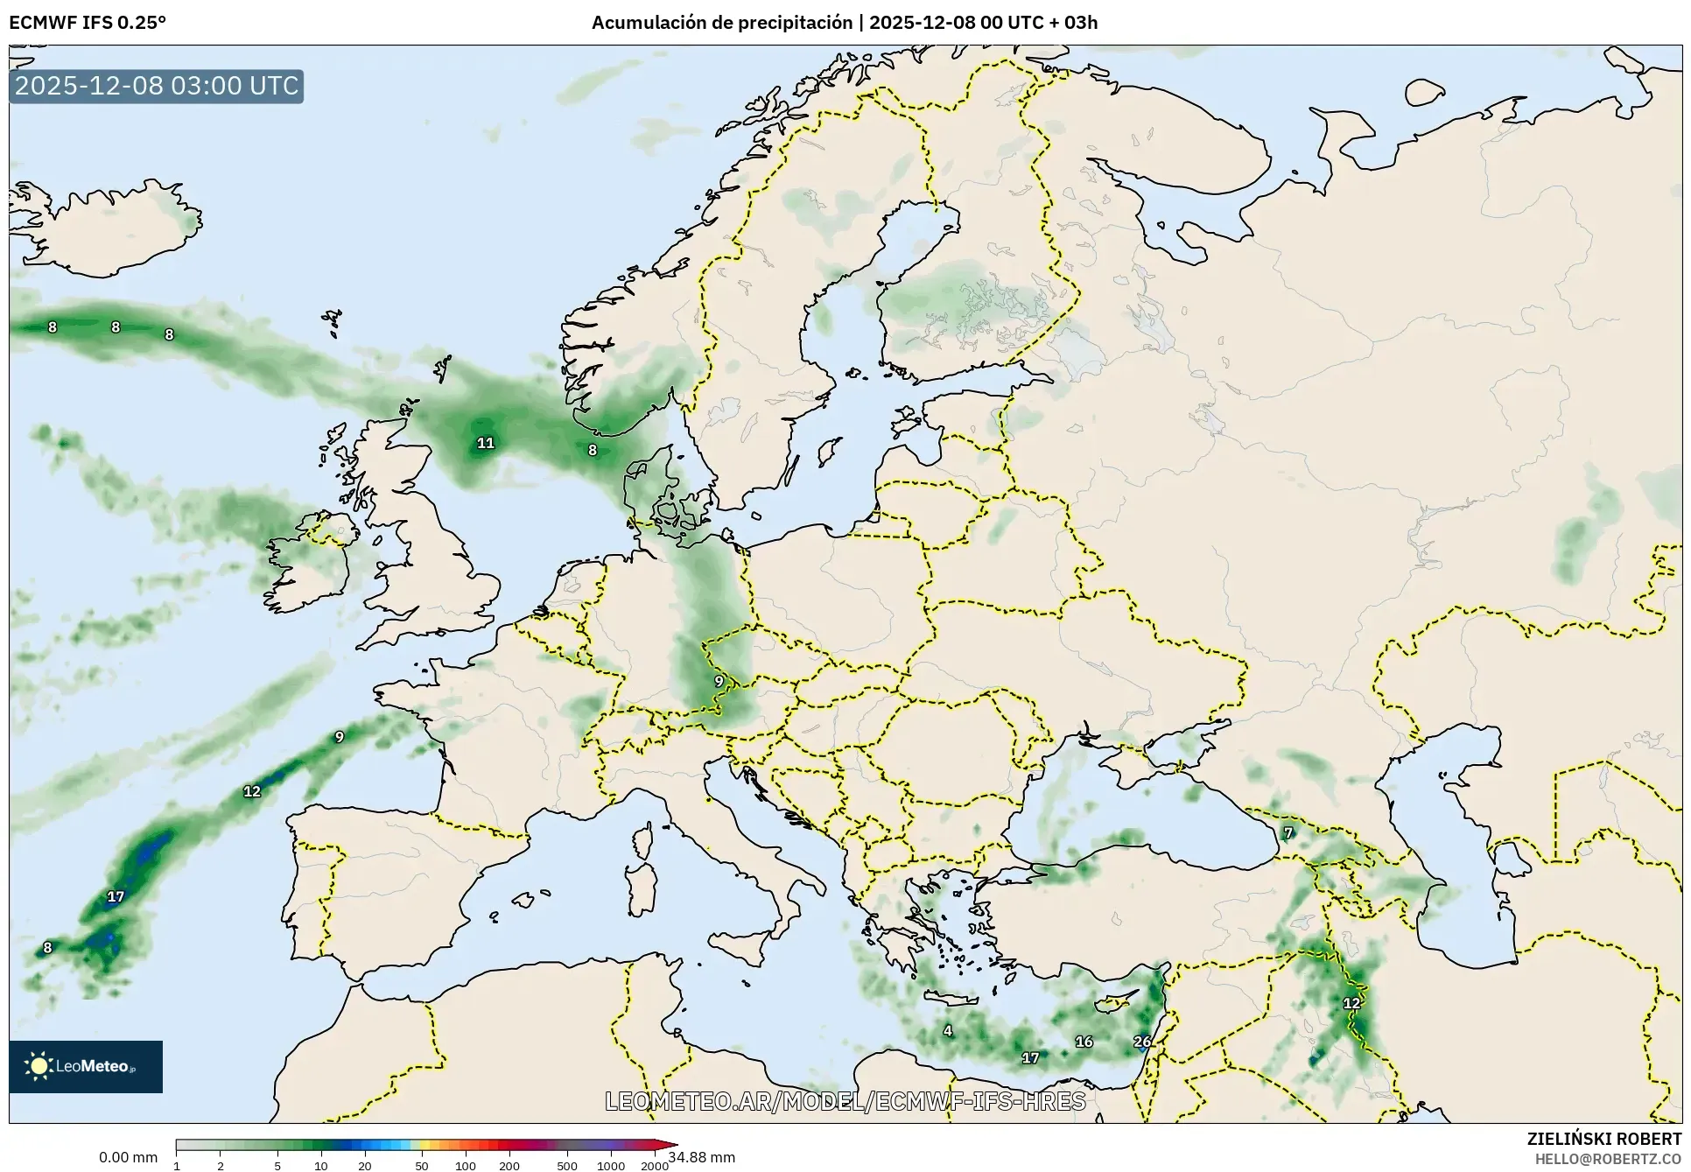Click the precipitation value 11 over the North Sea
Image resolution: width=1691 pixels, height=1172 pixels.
pos(485,443)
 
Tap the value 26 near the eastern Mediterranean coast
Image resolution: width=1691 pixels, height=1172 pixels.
pos(1142,1042)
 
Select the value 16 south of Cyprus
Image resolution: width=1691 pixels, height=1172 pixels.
pos(1084,1042)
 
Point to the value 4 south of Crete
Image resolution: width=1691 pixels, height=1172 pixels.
pos(948,1030)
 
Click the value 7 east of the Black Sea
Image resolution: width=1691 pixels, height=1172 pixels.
pos(1288,832)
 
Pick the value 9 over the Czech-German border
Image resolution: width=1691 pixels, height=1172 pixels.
pos(719,681)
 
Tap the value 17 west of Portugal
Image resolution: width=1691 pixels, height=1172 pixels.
pos(116,896)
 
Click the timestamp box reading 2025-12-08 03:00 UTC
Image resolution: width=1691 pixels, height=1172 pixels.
pos(157,86)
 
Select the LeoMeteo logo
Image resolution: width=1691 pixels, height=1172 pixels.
pos(86,1066)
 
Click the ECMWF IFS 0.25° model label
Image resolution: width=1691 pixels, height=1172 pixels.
pos(88,23)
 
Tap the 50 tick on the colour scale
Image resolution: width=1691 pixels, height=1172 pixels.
pos(422,1165)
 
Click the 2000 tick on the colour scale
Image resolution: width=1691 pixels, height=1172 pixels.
pos(655,1165)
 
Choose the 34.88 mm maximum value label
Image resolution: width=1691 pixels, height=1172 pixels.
pos(702,1157)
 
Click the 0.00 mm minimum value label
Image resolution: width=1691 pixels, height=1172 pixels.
pos(129,1157)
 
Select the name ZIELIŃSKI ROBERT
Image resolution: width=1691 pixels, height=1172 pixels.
pos(1604,1139)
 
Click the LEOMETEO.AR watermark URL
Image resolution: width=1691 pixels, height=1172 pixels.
pos(845,1101)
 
